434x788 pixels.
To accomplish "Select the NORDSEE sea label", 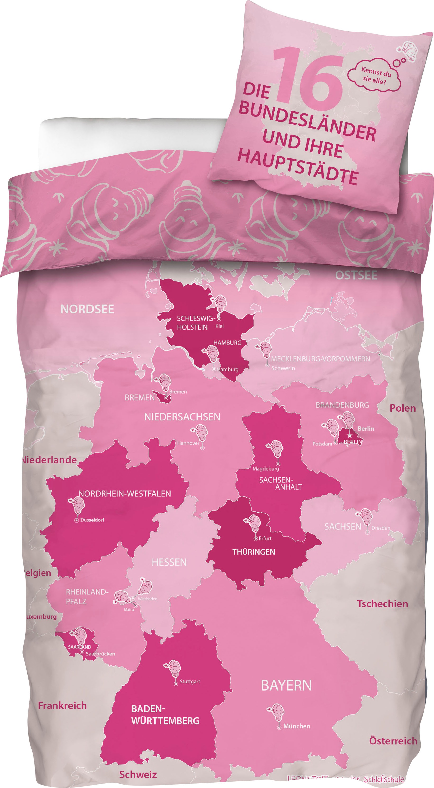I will point(87,309).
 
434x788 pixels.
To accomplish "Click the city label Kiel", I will point(220,326).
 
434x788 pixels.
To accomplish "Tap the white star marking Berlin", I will point(349,436).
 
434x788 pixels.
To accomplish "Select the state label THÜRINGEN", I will point(253,552).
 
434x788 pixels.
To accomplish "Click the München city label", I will point(296,726).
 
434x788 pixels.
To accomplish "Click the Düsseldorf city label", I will point(92,520).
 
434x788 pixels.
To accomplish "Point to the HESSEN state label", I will point(169,562).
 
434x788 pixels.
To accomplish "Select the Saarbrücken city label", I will point(100,654).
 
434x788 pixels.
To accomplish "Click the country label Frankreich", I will point(62,706).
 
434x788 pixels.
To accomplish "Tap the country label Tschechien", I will point(382,604).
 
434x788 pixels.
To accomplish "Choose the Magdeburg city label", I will point(266,468).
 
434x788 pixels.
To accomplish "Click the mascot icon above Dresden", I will point(366,517).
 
